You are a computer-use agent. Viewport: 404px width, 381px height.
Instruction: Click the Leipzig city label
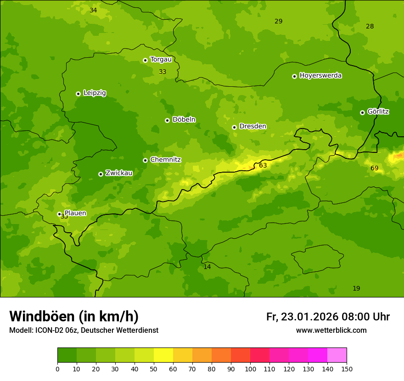[95, 93]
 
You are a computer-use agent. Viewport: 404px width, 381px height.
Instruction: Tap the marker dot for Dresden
[234, 127]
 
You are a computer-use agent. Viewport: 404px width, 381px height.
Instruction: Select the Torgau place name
[161, 59]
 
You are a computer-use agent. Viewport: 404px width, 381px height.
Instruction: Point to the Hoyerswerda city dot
[294, 76]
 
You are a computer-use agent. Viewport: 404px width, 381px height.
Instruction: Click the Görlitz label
[378, 112]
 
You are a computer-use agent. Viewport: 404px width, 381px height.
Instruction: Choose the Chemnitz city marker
[145, 160]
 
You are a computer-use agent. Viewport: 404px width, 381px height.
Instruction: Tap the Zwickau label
[119, 173]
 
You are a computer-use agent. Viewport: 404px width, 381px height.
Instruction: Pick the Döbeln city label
[184, 119]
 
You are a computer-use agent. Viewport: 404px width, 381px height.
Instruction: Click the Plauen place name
[75, 213]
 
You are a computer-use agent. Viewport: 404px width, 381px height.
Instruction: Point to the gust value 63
[263, 165]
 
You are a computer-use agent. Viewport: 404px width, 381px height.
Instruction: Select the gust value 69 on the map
[375, 168]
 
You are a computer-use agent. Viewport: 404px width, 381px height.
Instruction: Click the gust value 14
[207, 267]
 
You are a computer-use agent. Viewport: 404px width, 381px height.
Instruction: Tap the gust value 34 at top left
[93, 10]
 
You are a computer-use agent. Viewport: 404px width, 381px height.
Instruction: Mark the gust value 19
[356, 288]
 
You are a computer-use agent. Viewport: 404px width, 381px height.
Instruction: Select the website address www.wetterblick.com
[331, 331]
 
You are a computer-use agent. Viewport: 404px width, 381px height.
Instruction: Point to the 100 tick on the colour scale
[250, 369]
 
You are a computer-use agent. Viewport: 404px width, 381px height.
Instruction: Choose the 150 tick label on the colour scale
[347, 369]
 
